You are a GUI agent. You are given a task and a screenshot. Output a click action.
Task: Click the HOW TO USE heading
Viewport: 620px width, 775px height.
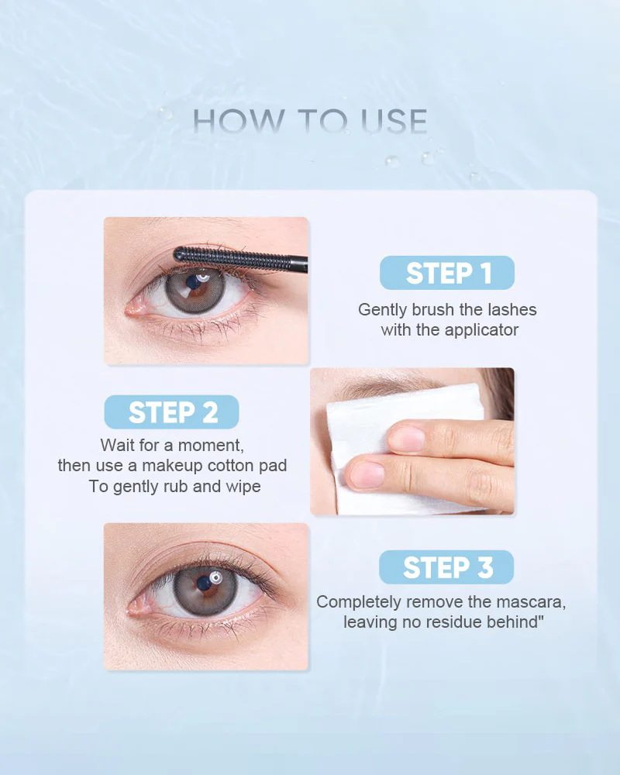click(310, 122)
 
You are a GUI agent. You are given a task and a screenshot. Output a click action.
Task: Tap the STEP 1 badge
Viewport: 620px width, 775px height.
click(447, 273)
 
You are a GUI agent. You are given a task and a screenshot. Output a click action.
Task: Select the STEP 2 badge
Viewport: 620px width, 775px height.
click(172, 412)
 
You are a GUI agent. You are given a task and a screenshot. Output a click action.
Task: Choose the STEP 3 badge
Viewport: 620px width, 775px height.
click(446, 567)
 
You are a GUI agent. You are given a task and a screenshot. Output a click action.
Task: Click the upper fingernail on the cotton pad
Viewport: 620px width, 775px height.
click(407, 439)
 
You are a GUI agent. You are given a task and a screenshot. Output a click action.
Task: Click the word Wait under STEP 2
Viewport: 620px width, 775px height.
click(118, 446)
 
